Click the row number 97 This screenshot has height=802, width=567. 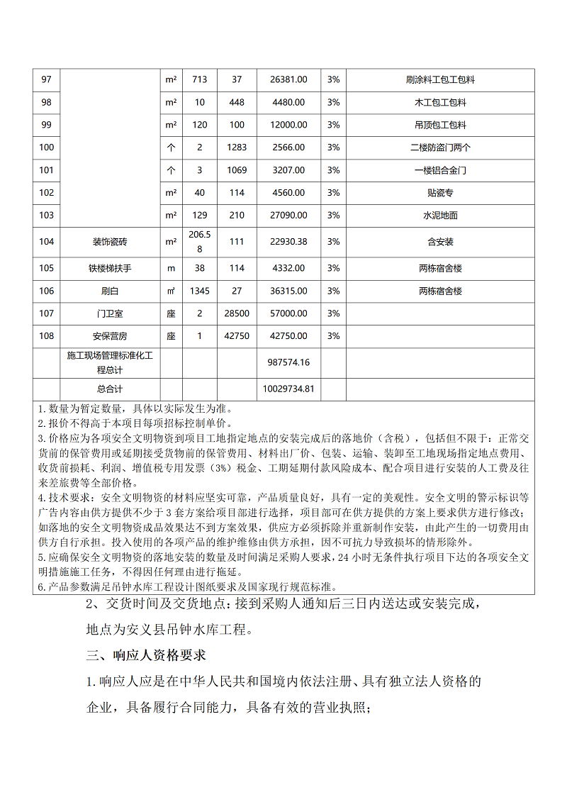[x=47, y=79]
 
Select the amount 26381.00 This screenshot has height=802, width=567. [x=288, y=79]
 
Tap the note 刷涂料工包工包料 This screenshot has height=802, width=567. [x=440, y=79]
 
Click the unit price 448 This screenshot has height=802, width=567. [x=237, y=102]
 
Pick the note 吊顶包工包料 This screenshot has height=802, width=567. [x=440, y=125]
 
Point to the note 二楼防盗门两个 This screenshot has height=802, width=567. [x=440, y=147]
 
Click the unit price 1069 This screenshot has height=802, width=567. [x=237, y=170]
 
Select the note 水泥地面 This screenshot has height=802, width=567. [x=440, y=215]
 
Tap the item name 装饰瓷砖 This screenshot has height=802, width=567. [x=110, y=242]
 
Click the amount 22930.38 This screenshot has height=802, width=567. [x=288, y=242]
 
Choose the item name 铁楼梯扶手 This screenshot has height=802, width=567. [x=110, y=268]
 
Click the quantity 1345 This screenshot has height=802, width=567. [x=200, y=291]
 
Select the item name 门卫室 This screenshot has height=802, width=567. [x=110, y=313]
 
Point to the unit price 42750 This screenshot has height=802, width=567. [x=237, y=336]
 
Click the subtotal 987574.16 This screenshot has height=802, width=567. [x=288, y=362]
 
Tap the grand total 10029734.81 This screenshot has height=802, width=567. [x=288, y=389]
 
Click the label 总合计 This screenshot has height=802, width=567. [x=110, y=389]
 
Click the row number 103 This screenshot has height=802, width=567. [x=47, y=215]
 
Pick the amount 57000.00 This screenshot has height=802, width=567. [x=288, y=313]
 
